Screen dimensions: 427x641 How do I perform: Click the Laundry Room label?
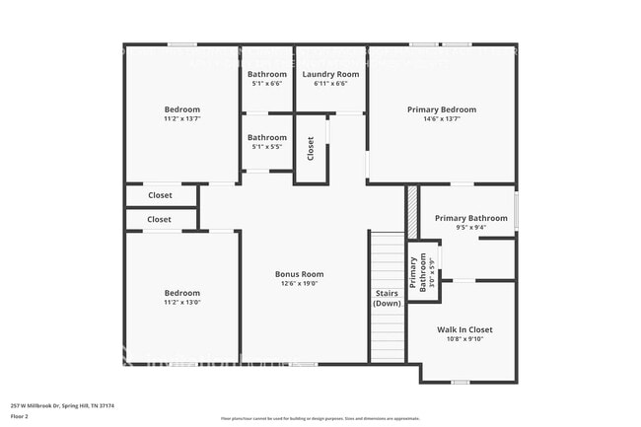tap(329, 74)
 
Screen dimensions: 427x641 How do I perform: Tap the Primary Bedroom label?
tap(441, 109)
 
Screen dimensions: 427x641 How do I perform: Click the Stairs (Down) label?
tap(387, 299)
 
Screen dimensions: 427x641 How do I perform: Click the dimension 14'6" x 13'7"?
tap(441, 119)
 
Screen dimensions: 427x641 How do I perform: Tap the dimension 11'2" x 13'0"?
tap(181, 303)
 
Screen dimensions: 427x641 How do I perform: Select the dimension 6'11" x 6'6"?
tap(329, 84)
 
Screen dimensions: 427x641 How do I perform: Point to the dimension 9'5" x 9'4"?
tap(470, 228)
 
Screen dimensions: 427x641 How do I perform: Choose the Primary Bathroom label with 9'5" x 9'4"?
tap(470, 218)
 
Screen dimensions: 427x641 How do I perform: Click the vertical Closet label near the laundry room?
tap(310, 149)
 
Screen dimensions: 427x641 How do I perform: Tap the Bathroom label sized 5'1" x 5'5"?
tap(266, 137)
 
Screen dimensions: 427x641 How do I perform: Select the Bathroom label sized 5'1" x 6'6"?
tap(266, 74)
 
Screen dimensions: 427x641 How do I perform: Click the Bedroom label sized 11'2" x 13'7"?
tap(181, 109)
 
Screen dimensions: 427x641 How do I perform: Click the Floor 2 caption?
tap(21, 417)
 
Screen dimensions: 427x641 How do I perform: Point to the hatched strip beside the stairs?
tap(412, 211)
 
